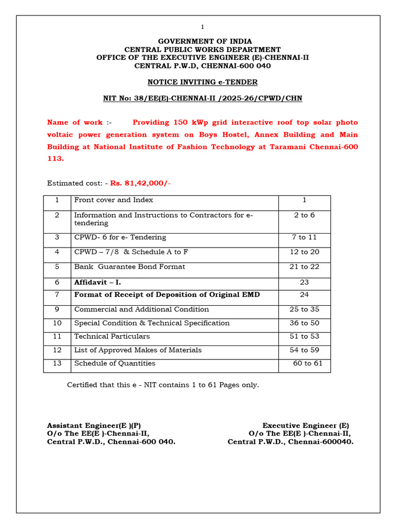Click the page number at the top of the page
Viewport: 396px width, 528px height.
click(x=203, y=27)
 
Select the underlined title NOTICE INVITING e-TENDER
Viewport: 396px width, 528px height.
click(x=203, y=82)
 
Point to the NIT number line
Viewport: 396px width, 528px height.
click(x=203, y=98)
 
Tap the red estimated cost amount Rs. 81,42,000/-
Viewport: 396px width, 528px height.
click(x=140, y=183)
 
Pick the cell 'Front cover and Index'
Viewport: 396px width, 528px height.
click(x=113, y=200)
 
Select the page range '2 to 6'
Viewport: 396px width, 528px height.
click(x=304, y=215)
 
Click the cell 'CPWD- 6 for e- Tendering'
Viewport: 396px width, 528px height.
click(x=120, y=237)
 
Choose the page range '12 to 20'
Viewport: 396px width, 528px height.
click(x=304, y=252)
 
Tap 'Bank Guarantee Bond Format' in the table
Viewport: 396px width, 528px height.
click(x=129, y=267)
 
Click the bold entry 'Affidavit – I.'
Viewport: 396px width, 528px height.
click(x=97, y=283)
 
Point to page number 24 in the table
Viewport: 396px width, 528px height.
click(x=304, y=294)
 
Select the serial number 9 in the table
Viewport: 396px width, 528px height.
click(x=57, y=309)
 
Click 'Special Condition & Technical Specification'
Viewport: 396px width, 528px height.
click(x=152, y=323)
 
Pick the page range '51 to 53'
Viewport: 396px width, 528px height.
click(x=304, y=336)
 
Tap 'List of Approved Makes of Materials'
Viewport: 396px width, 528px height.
click(x=138, y=350)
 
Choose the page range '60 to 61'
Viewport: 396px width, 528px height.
click(x=308, y=363)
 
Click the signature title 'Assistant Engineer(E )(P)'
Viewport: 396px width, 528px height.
click(x=94, y=425)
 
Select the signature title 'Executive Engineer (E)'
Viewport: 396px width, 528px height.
click(x=306, y=425)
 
